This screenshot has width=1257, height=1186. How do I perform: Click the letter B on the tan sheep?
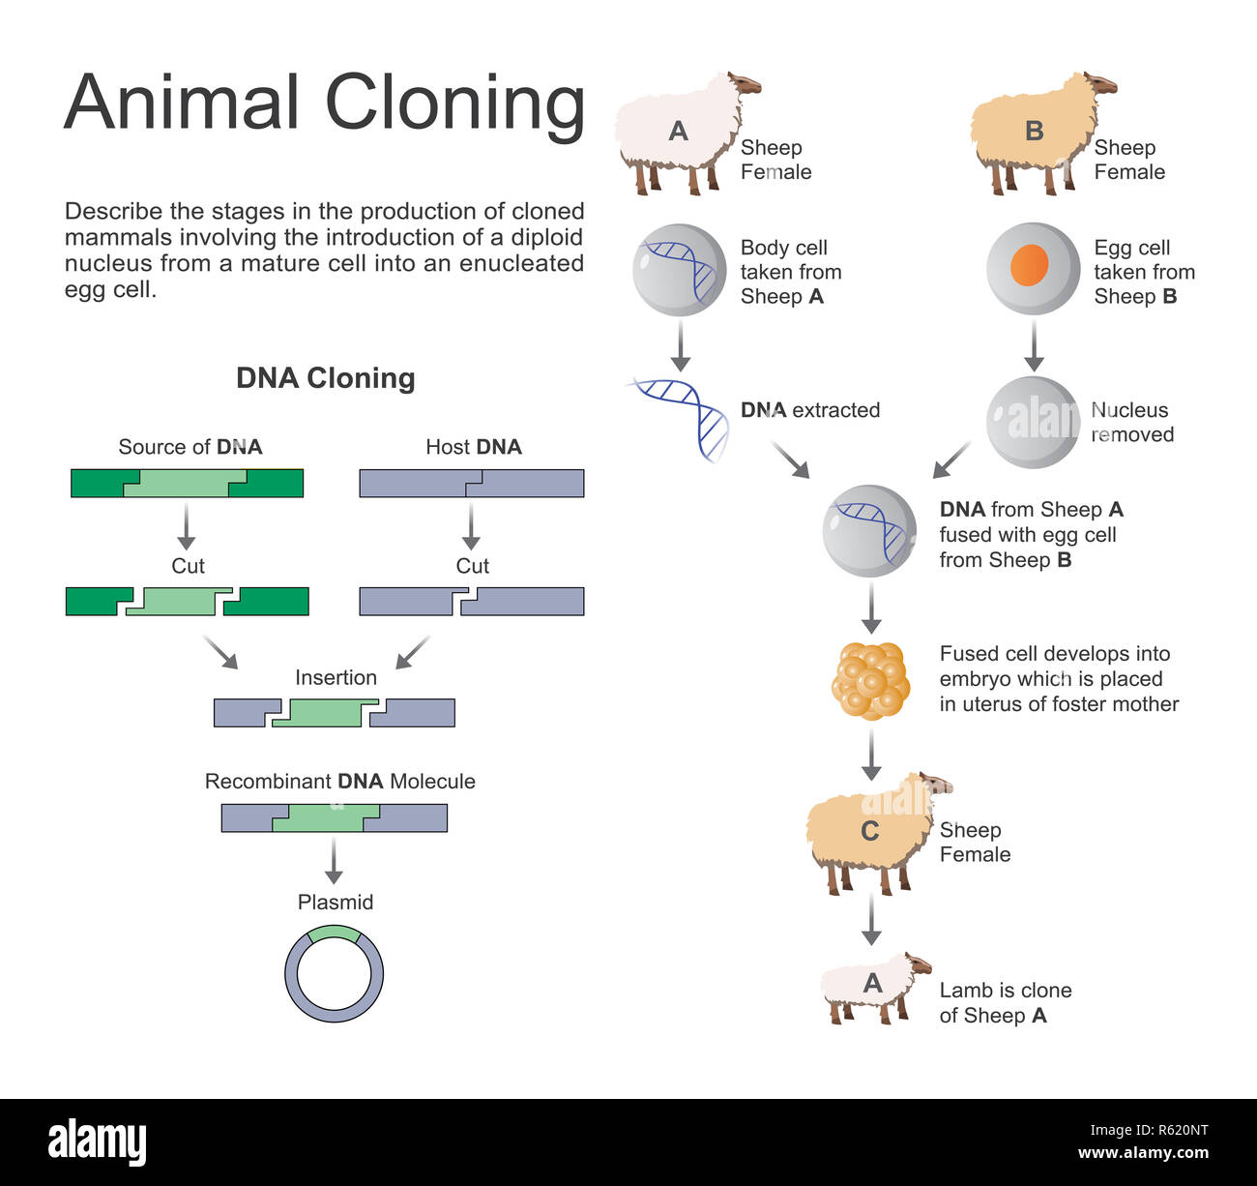(x=1034, y=132)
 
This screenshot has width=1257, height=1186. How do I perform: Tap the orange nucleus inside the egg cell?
(x=1030, y=265)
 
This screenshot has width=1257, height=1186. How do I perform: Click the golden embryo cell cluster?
(x=870, y=680)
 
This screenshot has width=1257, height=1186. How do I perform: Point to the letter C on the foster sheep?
(x=869, y=831)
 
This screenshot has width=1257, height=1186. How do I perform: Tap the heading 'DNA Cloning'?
(x=326, y=378)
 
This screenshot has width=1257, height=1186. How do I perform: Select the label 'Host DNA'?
(x=473, y=447)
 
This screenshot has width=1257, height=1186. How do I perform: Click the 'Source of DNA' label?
(x=190, y=447)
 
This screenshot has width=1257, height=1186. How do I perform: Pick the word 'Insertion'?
(x=336, y=677)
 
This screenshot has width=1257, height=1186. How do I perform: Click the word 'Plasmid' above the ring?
(x=335, y=902)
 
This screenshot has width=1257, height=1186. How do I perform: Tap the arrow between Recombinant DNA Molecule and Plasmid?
(x=334, y=860)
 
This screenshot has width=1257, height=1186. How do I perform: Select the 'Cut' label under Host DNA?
(x=472, y=566)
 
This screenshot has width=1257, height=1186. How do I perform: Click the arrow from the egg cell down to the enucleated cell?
(x=1034, y=346)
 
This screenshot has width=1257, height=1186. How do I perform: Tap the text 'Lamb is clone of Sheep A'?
(x=1005, y=1002)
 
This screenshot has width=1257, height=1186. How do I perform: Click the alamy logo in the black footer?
(x=97, y=1142)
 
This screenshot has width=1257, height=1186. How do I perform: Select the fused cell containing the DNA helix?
(x=868, y=531)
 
